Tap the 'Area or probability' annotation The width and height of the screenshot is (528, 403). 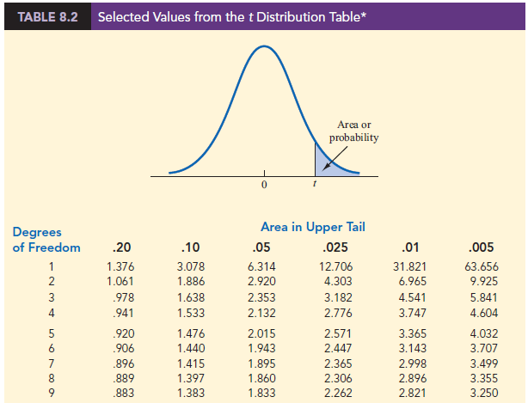[x=353, y=131]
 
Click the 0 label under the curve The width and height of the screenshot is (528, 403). [x=264, y=186]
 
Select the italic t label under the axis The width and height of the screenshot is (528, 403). [x=315, y=186]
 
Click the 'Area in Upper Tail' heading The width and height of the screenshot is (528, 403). [x=312, y=227]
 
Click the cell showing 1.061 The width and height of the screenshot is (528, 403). [x=107, y=280]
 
